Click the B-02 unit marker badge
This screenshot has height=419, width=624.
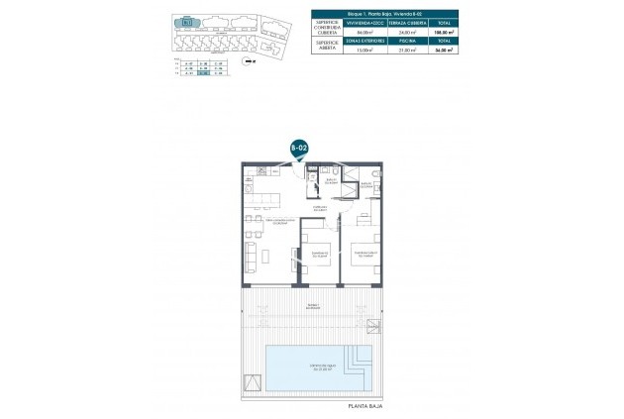299,147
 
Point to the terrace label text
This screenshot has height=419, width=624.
313,305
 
